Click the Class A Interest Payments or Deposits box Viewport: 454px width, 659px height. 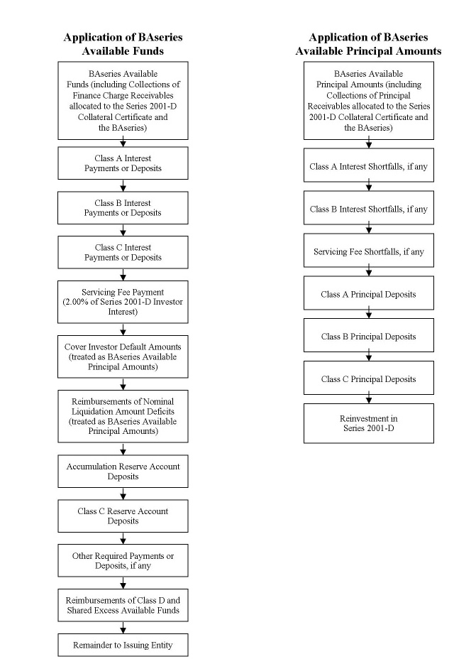[x=123, y=163]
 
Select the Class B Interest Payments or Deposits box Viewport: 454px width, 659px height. [x=123, y=207]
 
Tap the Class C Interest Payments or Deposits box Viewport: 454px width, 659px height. [x=123, y=252]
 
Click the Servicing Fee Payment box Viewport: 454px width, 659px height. [x=123, y=302]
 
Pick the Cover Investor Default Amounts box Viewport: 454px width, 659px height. [x=123, y=356]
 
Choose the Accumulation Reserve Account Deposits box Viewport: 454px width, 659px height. [x=123, y=471]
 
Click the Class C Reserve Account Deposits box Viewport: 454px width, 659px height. [x=123, y=516]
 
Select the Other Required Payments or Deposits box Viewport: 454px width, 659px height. [x=123, y=560]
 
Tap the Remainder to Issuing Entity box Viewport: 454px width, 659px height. [x=123, y=645]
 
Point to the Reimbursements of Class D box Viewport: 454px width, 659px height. [x=123, y=605]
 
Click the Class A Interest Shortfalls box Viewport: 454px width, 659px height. [x=369, y=165]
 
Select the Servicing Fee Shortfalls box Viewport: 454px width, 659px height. [x=369, y=251]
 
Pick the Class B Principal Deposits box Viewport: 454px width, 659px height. [x=369, y=335]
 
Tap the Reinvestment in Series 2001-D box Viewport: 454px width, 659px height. [x=369, y=423]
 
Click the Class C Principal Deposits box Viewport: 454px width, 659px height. [x=369, y=378]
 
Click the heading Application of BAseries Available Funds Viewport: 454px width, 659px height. [x=123, y=44]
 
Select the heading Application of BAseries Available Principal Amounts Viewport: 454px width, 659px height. [x=368, y=44]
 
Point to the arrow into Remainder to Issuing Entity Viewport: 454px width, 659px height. [x=123, y=628]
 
